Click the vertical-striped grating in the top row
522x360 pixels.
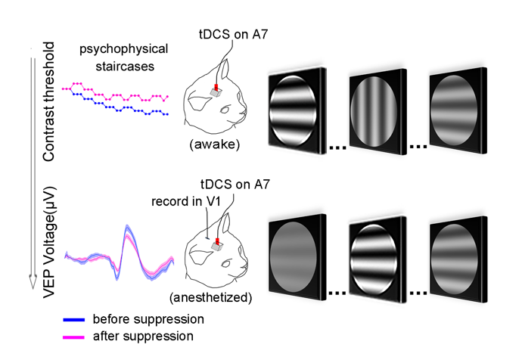(x=376, y=111)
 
